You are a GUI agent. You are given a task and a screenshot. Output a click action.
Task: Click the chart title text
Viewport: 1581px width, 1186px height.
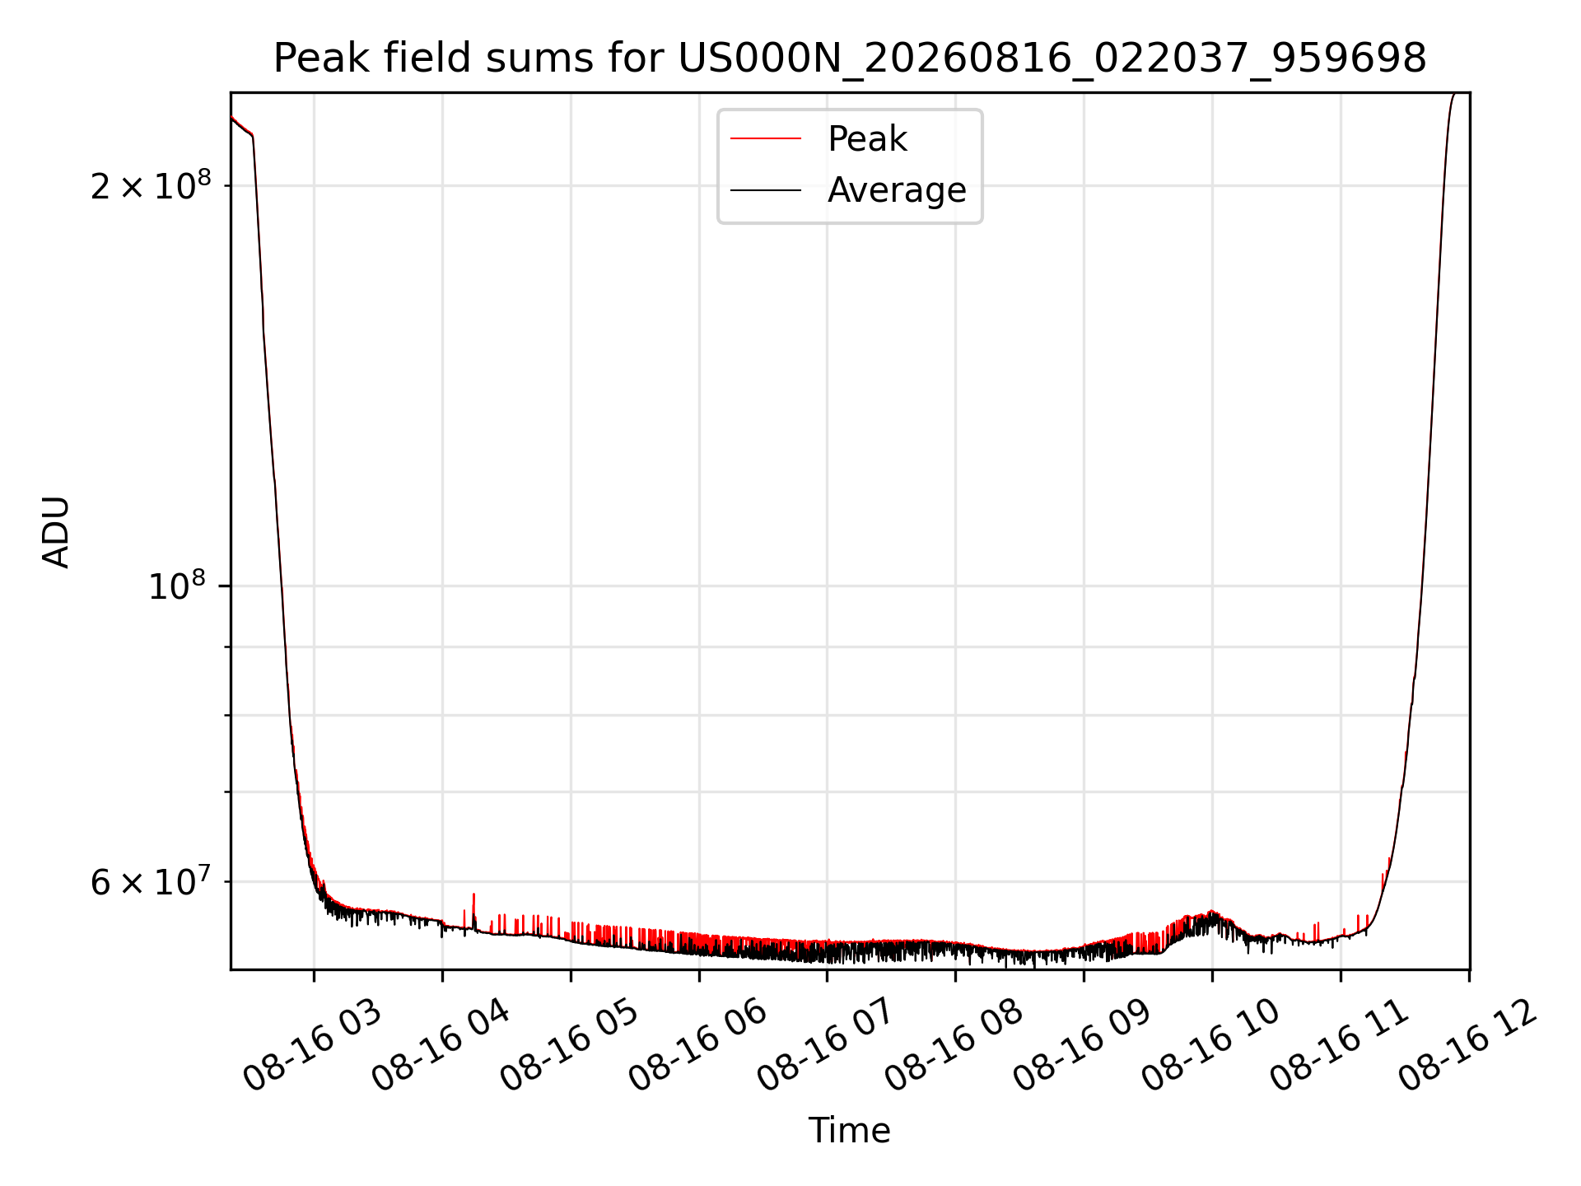pos(850,58)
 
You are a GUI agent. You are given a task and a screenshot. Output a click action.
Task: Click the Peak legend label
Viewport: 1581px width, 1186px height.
pos(867,139)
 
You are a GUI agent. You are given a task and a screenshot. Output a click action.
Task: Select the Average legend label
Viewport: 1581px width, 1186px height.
pos(897,190)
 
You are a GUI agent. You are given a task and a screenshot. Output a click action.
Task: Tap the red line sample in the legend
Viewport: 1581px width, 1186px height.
pos(766,139)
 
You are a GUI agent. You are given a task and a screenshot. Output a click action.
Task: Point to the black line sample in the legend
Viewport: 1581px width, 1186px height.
pos(766,190)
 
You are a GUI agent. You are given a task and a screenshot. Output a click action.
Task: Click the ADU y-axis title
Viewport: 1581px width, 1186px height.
pos(56,531)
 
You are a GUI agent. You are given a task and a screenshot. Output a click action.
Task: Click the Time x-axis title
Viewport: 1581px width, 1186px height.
pos(850,1131)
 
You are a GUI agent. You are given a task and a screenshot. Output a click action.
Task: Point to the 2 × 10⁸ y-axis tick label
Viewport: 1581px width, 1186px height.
pos(151,186)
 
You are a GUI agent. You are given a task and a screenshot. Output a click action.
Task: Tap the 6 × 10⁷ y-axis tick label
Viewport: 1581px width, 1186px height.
pos(151,881)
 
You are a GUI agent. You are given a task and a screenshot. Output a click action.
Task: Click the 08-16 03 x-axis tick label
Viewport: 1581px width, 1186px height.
pos(313,1046)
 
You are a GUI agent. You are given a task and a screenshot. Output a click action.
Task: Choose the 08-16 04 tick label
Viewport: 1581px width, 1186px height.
pos(441,1046)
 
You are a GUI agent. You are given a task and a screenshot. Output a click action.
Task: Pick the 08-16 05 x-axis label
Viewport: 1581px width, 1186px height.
pos(570,1046)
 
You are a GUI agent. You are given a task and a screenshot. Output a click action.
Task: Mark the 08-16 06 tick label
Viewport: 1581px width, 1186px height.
pos(698,1046)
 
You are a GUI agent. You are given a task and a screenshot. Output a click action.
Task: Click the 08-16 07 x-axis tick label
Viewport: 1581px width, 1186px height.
pos(826,1046)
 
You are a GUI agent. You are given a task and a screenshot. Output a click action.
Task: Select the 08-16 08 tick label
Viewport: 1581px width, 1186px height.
pos(954,1046)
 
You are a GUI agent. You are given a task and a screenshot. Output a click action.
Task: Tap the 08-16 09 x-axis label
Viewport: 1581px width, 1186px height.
pos(1082,1046)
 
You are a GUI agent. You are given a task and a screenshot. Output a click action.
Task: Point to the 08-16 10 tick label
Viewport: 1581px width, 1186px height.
pos(1210,1046)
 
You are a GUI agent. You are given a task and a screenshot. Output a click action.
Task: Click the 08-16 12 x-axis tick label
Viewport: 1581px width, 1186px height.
pos(1467,1046)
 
